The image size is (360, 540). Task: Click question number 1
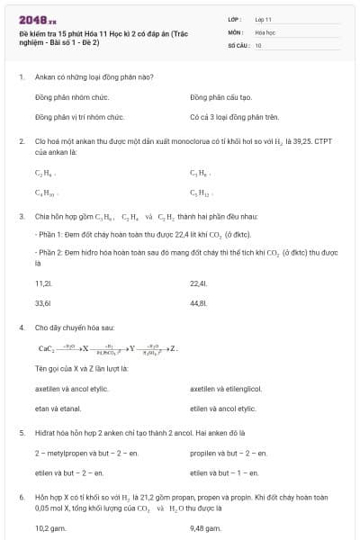click(21, 76)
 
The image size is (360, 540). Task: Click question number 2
click(21, 141)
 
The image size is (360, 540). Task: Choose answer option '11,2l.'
click(43, 283)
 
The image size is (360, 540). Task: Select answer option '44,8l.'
click(199, 303)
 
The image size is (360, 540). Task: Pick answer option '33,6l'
click(42, 303)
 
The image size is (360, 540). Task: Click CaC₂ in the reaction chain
click(47, 348)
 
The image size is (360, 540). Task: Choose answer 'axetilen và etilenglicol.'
click(226, 389)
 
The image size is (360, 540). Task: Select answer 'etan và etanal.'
click(58, 409)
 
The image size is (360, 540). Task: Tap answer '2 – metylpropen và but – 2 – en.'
click(77, 453)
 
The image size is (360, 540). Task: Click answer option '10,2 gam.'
click(50, 527)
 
